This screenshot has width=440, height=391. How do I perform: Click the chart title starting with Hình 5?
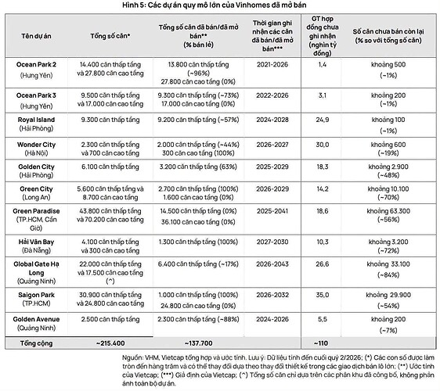click(x=214, y=5)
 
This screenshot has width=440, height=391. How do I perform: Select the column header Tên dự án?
click(x=36, y=36)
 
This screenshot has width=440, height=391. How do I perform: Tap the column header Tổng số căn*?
click(x=110, y=36)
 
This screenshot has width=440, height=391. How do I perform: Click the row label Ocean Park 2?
click(x=36, y=64)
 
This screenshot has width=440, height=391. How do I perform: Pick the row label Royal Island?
click(x=36, y=120)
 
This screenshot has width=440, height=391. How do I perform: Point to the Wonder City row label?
click(x=36, y=145)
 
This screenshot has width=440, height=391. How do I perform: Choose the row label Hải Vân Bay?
click(x=36, y=242)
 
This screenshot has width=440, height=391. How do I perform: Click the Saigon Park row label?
click(x=36, y=295)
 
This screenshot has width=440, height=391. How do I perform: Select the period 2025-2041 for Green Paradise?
click(x=272, y=211)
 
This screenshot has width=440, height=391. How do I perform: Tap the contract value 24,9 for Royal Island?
click(x=322, y=120)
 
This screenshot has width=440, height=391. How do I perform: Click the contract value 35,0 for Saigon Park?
click(x=322, y=295)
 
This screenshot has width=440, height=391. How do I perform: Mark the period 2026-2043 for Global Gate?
click(x=272, y=264)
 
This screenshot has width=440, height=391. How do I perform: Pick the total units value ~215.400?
click(x=110, y=343)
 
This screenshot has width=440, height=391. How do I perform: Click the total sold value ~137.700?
click(x=198, y=343)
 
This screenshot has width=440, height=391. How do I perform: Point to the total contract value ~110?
click(x=321, y=343)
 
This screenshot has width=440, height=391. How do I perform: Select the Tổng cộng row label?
click(x=36, y=343)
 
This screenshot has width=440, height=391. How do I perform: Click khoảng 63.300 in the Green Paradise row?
click(x=388, y=211)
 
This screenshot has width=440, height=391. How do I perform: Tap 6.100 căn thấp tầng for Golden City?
click(x=110, y=167)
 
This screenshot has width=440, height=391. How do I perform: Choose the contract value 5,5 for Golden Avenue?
click(x=322, y=319)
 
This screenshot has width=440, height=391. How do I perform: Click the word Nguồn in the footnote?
click(x=132, y=357)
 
